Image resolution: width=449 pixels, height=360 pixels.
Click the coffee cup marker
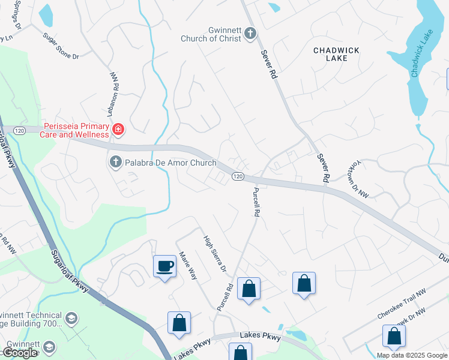coord(164,267)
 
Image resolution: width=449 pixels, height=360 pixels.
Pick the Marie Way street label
coord(189,265)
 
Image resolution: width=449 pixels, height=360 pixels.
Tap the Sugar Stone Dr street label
coord(61,44)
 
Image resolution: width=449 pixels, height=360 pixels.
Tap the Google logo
coord(20,353)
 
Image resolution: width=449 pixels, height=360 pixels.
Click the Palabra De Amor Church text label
coord(170,163)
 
